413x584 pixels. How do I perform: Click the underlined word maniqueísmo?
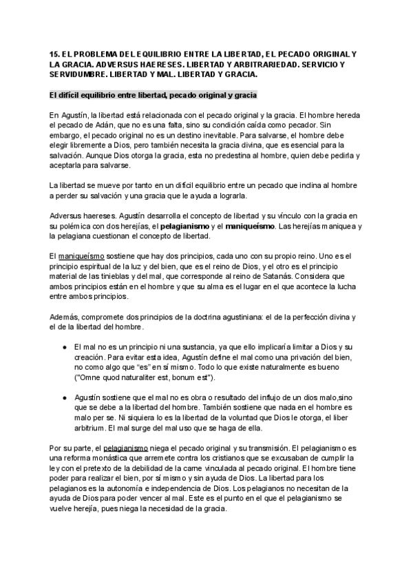pyautogui.click(x=76, y=257)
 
